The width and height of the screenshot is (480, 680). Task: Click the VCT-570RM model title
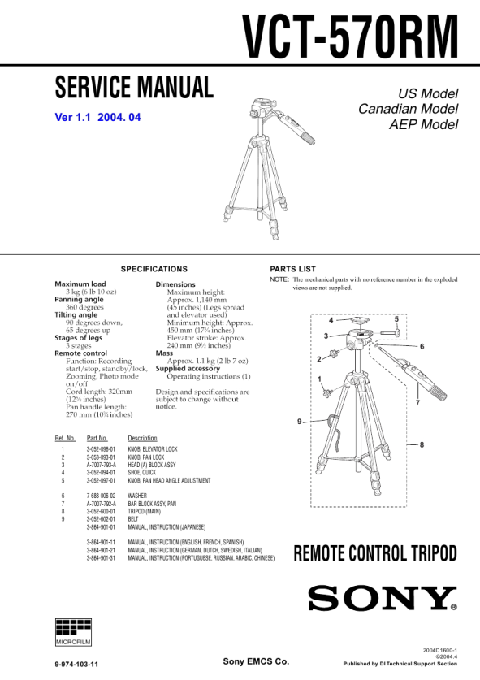click(350, 37)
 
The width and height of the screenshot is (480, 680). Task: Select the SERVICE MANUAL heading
click(134, 87)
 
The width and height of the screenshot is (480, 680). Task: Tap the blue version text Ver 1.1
click(72, 117)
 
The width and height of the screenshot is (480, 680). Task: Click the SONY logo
click(383, 598)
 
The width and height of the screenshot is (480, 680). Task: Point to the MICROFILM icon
click(73, 632)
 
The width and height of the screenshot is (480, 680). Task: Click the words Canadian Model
click(408, 109)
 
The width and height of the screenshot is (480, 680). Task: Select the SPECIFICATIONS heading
click(154, 269)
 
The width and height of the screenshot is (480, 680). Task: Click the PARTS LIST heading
click(292, 269)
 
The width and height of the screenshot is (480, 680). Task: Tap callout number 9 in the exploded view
click(299, 422)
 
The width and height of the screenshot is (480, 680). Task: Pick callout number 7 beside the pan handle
click(417, 403)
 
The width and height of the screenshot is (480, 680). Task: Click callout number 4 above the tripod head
click(331, 320)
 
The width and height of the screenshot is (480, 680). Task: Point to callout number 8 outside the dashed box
click(422, 444)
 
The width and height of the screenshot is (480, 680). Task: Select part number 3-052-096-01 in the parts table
click(101, 449)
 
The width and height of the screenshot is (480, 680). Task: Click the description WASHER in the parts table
click(137, 496)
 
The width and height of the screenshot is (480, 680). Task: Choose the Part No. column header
click(97, 438)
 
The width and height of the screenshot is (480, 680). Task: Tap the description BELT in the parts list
click(132, 519)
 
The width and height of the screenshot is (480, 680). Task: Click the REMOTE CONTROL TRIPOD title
click(375, 553)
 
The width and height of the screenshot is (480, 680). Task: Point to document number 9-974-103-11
click(76, 664)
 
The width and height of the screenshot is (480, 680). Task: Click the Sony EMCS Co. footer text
click(256, 661)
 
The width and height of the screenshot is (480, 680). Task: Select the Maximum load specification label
click(80, 284)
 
